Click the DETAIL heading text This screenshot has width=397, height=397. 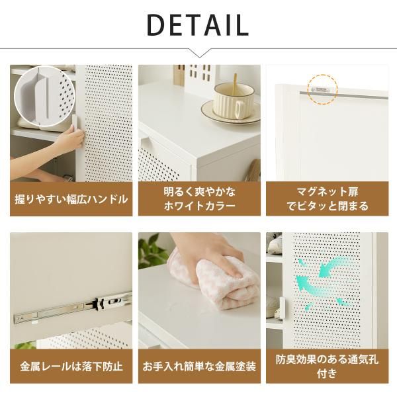point(198,24)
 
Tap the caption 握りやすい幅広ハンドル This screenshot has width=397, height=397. point(71,198)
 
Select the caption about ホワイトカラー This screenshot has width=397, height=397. point(198,198)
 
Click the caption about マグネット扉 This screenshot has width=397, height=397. point(326,198)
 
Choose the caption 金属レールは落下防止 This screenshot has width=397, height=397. point(71,365)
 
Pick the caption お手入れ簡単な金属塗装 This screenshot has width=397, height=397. point(198,365)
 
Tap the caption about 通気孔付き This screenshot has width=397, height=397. point(326,365)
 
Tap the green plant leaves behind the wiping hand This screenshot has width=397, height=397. point(152,251)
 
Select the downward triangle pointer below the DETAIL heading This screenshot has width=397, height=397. point(198,53)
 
